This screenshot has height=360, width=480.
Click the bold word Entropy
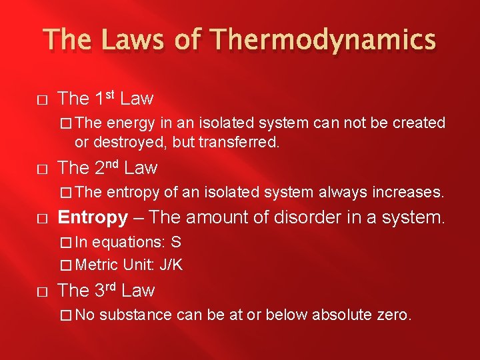(x=93, y=217)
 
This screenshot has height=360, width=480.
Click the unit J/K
(x=170, y=265)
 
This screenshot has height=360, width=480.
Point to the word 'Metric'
(x=97, y=265)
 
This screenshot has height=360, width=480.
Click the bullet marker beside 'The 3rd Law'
(x=41, y=291)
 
